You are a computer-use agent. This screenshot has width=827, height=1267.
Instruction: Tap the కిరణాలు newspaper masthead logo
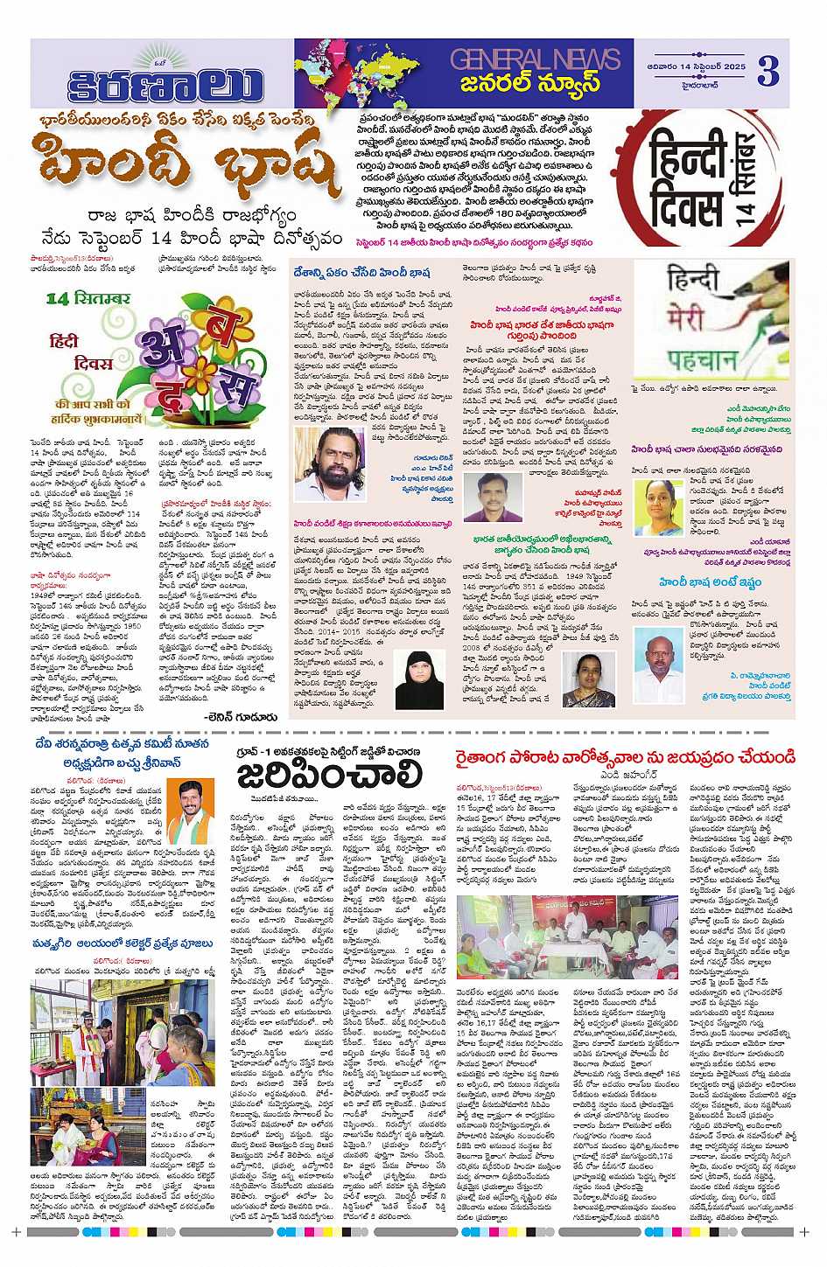[x=165, y=83]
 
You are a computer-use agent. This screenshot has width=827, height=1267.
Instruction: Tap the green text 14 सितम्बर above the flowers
[x=88, y=299]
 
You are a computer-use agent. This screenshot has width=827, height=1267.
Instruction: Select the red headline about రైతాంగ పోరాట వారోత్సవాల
[x=625, y=755]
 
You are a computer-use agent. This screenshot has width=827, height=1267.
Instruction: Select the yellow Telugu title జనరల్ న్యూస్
[x=531, y=84]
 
